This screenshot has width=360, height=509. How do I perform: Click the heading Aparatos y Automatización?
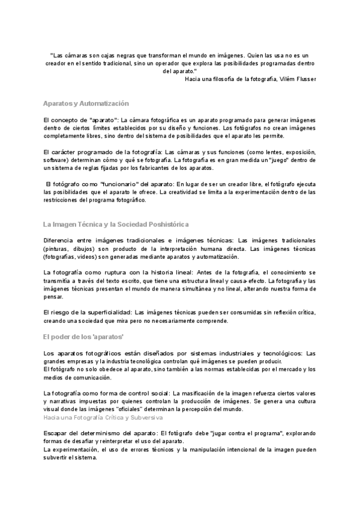[x=86, y=104]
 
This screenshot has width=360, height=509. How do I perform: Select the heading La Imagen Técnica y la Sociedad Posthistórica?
[x=116, y=224]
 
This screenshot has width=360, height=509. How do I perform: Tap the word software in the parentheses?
[x=56, y=161]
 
